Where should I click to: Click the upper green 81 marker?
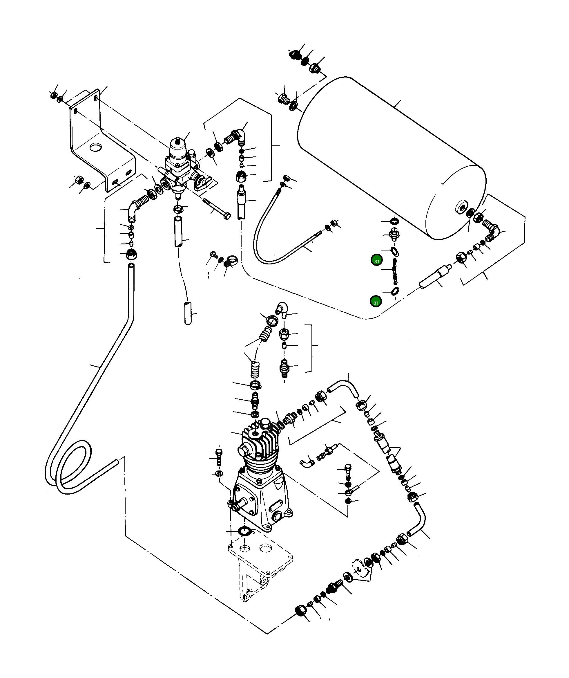pos(376,261)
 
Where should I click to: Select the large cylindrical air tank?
pos(387,155)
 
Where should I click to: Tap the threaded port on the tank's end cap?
pos(462,207)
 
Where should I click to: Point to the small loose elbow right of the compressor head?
pos(307,463)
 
